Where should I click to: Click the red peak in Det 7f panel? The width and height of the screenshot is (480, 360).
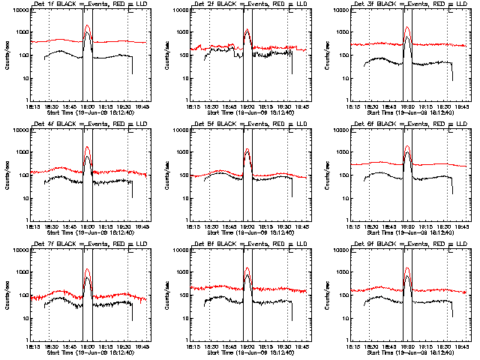point(87,269)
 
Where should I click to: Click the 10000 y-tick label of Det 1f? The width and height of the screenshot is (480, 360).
point(19,10)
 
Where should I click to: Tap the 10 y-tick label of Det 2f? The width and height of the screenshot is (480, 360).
point(184,78)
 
